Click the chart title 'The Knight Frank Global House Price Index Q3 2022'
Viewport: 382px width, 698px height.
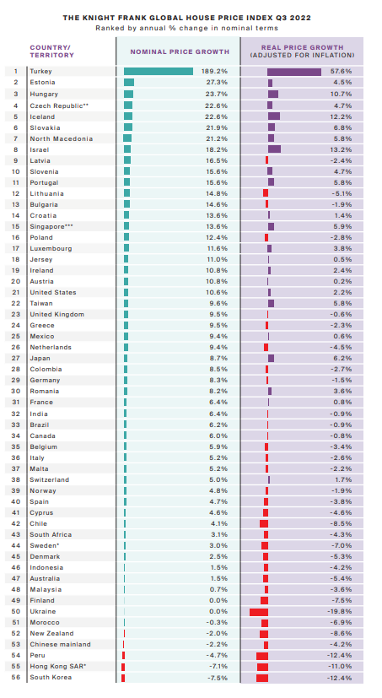click(x=191, y=16)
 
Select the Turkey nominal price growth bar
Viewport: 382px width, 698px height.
click(x=159, y=72)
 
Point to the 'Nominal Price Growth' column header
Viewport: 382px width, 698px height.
click(x=178, y=51)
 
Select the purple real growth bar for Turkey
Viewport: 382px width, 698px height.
click(x=294, y=72)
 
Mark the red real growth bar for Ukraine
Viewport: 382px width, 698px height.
click(x=259, y=611)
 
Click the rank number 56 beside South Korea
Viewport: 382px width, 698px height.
click(x=14, y=678)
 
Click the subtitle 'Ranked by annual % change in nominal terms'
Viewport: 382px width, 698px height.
click(x=191, y=27)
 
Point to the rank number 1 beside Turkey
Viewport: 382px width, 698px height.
click(x=15, y=72)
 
